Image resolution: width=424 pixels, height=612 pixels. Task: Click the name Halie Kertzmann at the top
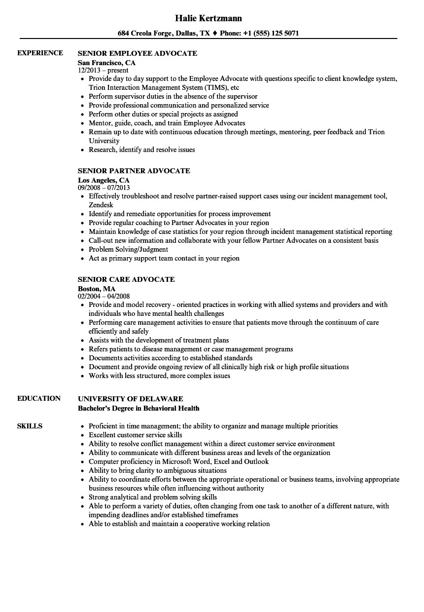[x=209, y=18]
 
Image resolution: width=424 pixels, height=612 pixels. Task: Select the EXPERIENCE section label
[x=40, y=53]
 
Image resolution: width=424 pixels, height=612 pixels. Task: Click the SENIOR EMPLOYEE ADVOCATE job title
[x=138, y=53]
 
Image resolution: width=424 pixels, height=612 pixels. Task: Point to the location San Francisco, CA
[x=106, y=63]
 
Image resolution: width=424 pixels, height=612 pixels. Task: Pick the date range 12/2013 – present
[x=103, y=70]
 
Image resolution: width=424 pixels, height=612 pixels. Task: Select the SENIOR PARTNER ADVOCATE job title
[x=134, y=171]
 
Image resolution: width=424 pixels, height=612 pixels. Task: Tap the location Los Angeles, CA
[x=104, y=180]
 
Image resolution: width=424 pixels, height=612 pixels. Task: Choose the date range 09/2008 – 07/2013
[x=104, y=188]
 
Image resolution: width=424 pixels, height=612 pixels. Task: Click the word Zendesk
[x=101, y=205]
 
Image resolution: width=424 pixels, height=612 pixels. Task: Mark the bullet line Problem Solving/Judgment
[x=128, y=249]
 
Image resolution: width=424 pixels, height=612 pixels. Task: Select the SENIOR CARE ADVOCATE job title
[x=126, y=279]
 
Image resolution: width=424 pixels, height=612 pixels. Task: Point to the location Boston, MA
[x=97, y=289]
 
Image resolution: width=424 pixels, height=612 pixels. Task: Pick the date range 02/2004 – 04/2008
[x=104, y=296]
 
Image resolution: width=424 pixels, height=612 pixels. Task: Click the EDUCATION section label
[x=39, y=398]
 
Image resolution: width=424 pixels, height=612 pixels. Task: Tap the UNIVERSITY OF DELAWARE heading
[x=131, y=398]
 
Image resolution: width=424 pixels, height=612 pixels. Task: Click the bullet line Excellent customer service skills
[x=135, y=435]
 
